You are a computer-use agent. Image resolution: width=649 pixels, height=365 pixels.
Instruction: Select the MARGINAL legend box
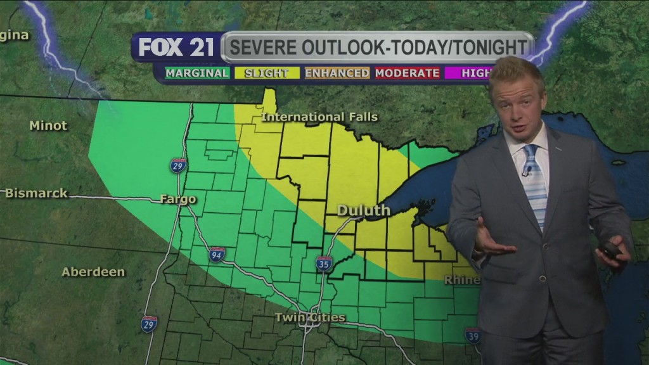(197, 73)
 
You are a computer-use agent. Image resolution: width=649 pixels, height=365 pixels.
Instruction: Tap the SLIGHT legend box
(267, 73)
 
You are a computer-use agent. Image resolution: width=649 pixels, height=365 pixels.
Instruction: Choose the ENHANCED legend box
(337, 73)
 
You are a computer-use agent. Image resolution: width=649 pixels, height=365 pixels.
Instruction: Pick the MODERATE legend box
(407, 73)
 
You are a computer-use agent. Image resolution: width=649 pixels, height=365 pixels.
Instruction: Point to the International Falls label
(319, 117)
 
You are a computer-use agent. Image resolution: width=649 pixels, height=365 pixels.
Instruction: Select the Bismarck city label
(37, 193)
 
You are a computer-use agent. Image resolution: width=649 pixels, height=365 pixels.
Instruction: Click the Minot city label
(48, 125)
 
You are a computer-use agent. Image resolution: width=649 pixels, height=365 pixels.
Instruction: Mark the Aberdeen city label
(93, 272)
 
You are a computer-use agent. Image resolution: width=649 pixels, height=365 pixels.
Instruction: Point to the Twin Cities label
(310, 317)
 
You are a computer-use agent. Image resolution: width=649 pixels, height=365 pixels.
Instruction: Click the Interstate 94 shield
(217, 255)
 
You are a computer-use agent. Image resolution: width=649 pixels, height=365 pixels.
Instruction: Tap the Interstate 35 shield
(324, 264)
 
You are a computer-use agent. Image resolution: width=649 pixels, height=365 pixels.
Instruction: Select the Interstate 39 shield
(472, 335)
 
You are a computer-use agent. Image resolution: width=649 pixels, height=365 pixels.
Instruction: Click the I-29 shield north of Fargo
(179, 166)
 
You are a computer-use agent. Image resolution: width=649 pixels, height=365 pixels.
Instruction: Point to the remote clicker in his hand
(612, 249)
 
